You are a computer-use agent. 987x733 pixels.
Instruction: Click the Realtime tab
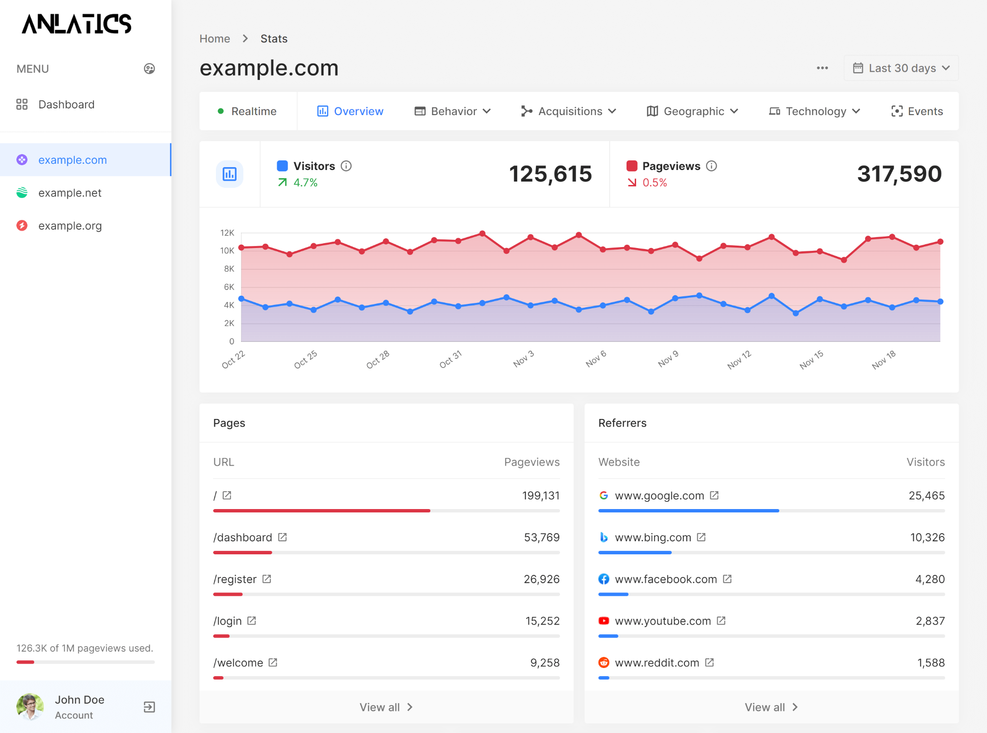pos(248,111)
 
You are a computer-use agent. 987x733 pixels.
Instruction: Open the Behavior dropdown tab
pos(453,111)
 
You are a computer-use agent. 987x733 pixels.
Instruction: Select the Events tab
pos(917,111)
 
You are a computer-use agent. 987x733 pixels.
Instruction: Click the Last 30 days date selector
pos(901,68)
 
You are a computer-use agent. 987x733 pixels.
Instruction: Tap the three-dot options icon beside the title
pos(822,68)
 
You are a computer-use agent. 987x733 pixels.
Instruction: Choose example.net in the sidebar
pos(70,193)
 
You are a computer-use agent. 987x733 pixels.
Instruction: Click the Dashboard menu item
pos(66,105)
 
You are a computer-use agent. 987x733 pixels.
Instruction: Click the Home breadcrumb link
pos(214,39)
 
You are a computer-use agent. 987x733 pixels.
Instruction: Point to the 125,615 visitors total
pos(550,174)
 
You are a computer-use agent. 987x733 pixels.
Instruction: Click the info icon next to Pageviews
pos(711,166)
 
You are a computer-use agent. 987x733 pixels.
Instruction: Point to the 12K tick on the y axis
pos(227,233)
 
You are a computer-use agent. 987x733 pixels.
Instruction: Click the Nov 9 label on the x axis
pos(668,359)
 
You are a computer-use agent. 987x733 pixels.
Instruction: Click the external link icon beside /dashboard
pos(282,537)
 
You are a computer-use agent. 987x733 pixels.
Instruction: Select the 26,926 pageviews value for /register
pos(541,579)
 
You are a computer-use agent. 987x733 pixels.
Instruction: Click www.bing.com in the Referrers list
pos(653,537)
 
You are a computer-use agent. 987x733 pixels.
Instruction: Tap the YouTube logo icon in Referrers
pos(603,621)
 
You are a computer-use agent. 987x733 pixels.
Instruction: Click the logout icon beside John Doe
pos(149,707)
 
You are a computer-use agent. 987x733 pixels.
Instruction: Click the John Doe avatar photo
pos(30,707)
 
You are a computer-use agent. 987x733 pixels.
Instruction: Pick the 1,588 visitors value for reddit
pos(931,663)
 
